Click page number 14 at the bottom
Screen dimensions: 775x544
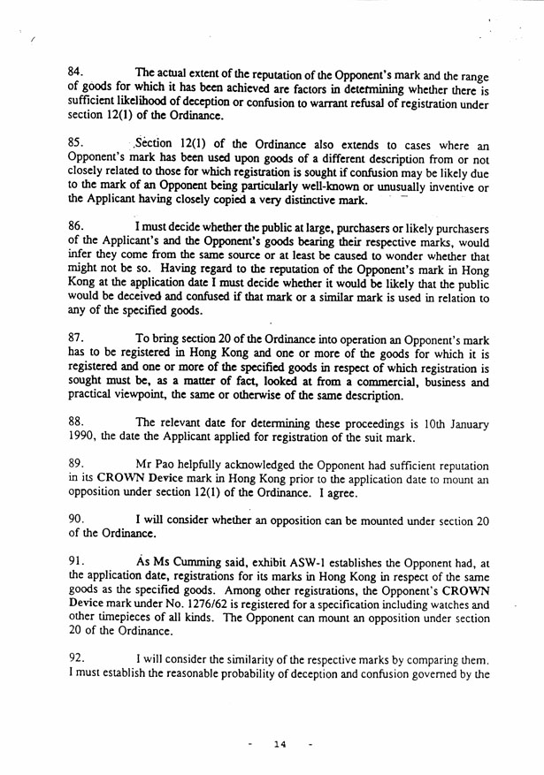pos(280,745)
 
